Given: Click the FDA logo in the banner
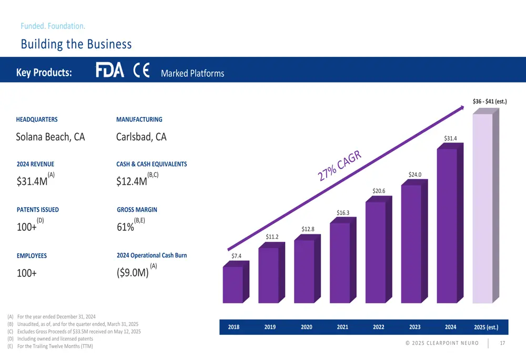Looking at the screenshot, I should point(109,70).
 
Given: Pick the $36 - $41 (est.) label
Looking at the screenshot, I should point(489,101).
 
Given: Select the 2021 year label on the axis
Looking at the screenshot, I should point(342,327).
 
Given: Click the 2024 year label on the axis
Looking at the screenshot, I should point(450,327).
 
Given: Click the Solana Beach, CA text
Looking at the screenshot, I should point(50,137).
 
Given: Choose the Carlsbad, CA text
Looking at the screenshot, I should point(141,137).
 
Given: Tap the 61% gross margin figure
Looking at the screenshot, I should point(125,228).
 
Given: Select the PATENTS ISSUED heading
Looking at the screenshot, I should point(38,210).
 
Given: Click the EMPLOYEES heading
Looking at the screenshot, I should point(32,256).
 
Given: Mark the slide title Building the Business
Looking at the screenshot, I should point(76,44).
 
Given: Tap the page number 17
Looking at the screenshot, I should point(502,344).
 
